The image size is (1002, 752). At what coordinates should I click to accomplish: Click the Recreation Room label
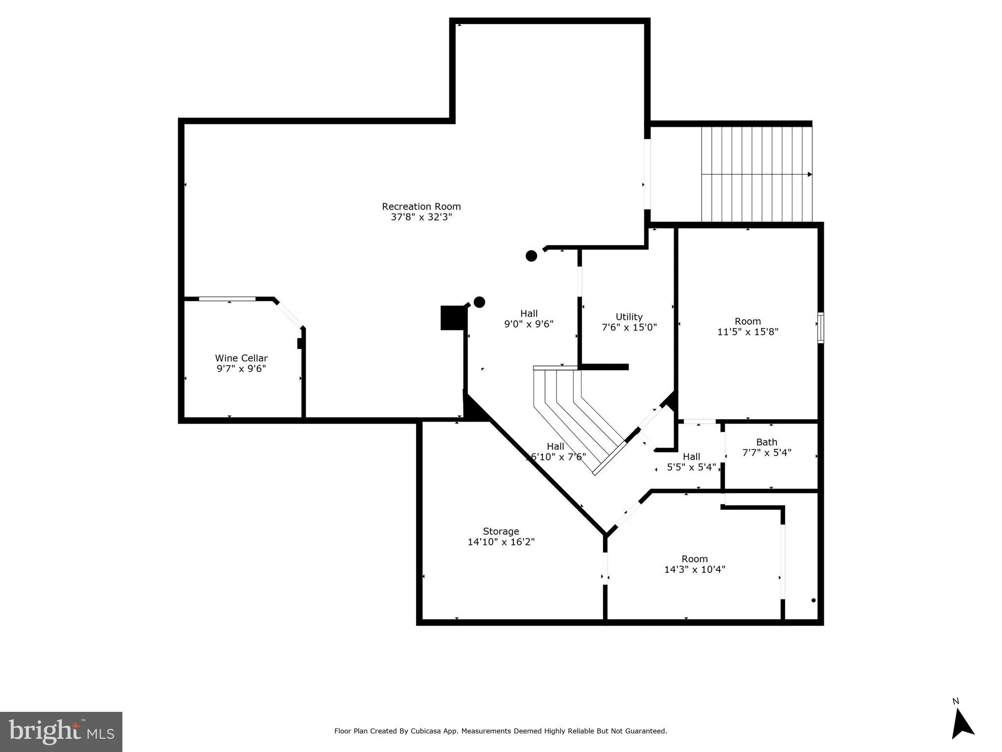click(421, 207)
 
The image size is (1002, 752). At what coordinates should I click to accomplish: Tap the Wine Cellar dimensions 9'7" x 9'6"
click(241, 369)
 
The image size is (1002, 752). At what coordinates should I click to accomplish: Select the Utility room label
click(629, 317)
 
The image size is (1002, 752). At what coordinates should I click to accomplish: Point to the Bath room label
click(767, 442)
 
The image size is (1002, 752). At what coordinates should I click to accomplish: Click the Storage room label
click(501, 531)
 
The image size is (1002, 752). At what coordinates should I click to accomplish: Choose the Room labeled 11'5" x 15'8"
click(747, 327)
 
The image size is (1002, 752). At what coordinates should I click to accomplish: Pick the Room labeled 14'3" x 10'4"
click(695, 564)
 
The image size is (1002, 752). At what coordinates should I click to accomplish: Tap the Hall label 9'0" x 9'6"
click(529, 319)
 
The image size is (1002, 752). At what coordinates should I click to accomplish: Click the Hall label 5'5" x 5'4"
click(691, 462)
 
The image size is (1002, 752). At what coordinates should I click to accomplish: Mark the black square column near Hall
click(452, 318)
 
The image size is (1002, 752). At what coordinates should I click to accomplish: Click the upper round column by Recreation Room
click(531, 256)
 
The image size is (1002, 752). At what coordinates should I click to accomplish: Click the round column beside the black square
click(479, 302)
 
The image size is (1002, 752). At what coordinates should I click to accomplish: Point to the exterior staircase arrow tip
click(810, 174)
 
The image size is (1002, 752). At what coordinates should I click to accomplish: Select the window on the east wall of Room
click(821, 328)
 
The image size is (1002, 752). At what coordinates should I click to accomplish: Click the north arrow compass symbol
click(962, 730)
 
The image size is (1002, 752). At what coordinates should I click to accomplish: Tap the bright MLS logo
click(61, 731)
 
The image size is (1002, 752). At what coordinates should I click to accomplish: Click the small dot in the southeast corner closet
click(814, 600)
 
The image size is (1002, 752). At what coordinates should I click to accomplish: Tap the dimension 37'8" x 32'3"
click(421, 217)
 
